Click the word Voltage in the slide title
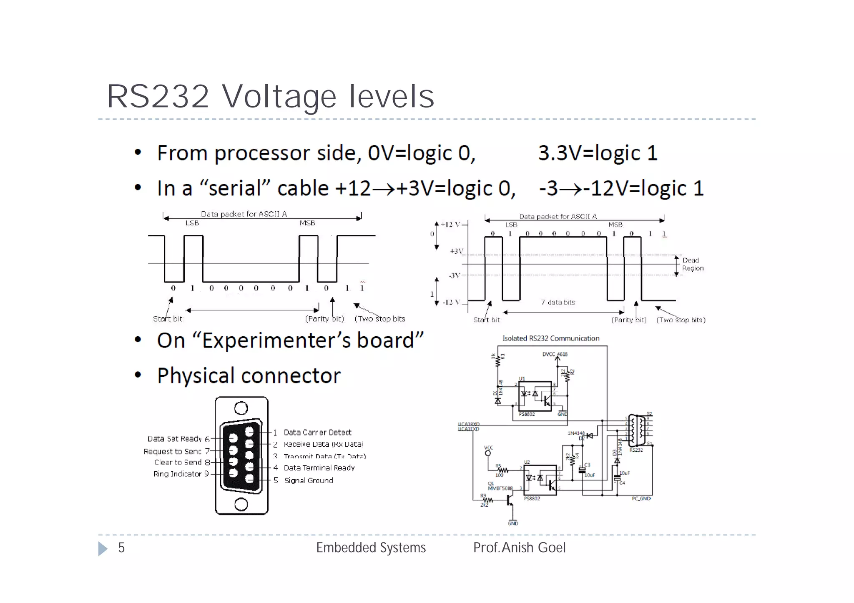pos(279,96)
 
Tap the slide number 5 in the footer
pos(121,548)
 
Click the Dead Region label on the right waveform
pos(693,264)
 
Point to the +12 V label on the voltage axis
pos(451,225)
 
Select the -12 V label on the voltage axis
pos(452,302)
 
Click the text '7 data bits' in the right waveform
pos(558,302)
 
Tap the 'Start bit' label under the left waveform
pos(168,319)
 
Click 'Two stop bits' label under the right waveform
pos(681,320)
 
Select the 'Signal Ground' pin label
pos(309,480)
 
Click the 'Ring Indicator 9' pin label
pos(181,474)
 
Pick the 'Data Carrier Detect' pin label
pos(317,433)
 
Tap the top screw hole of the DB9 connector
pos(241,408)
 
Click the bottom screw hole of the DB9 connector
pos(241,505)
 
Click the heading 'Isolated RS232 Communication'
pos(550,338)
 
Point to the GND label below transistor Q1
pos(513,523)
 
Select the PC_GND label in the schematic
pos(641,499)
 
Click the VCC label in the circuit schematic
pos(488,448)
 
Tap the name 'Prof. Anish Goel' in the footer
pos(519,548)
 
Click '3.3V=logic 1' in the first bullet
pos(598,153)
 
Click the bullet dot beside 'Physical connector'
pos(138,375)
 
